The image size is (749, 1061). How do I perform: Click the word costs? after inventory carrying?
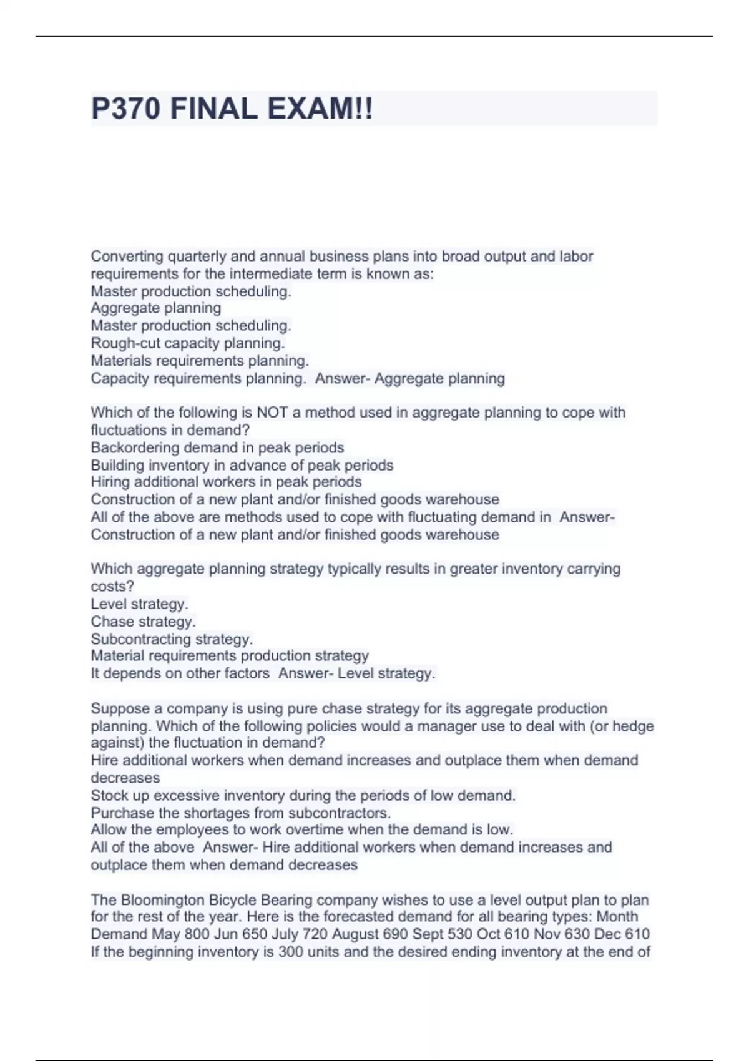click(x=112, y=586)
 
